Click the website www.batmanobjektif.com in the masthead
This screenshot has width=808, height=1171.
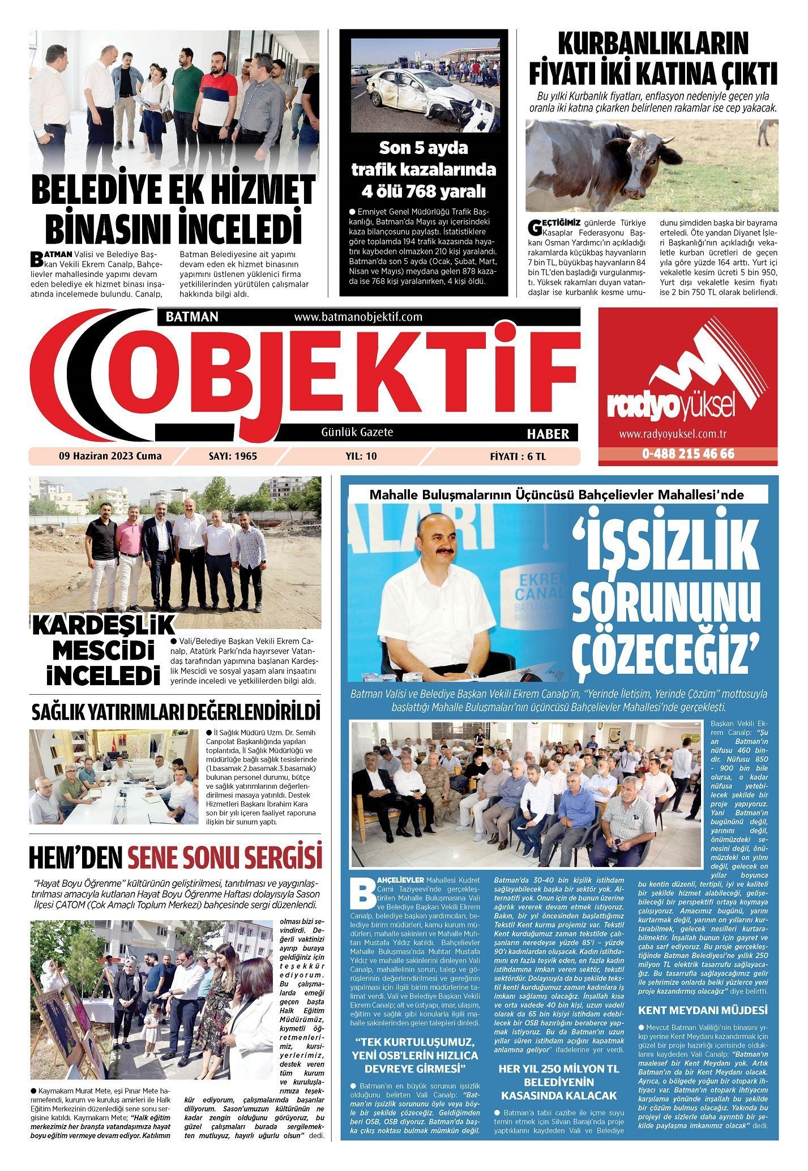click(x=358, y=317)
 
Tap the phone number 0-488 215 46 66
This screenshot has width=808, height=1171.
click(x=688, y=454)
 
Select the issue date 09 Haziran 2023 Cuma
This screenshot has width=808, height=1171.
click(x=110, y=456)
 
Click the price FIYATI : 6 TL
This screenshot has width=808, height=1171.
click(x=518, y=456)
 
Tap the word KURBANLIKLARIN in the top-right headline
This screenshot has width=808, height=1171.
click(x=653, y=44)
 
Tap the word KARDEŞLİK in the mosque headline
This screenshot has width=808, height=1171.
click(x=103, y=626)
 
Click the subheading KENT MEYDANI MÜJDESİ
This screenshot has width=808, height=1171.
click(x=702, y=1010)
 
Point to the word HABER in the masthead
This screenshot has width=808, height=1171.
click(x=548, y=434)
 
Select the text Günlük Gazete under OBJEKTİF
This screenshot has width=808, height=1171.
click(x=357, y=432)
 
